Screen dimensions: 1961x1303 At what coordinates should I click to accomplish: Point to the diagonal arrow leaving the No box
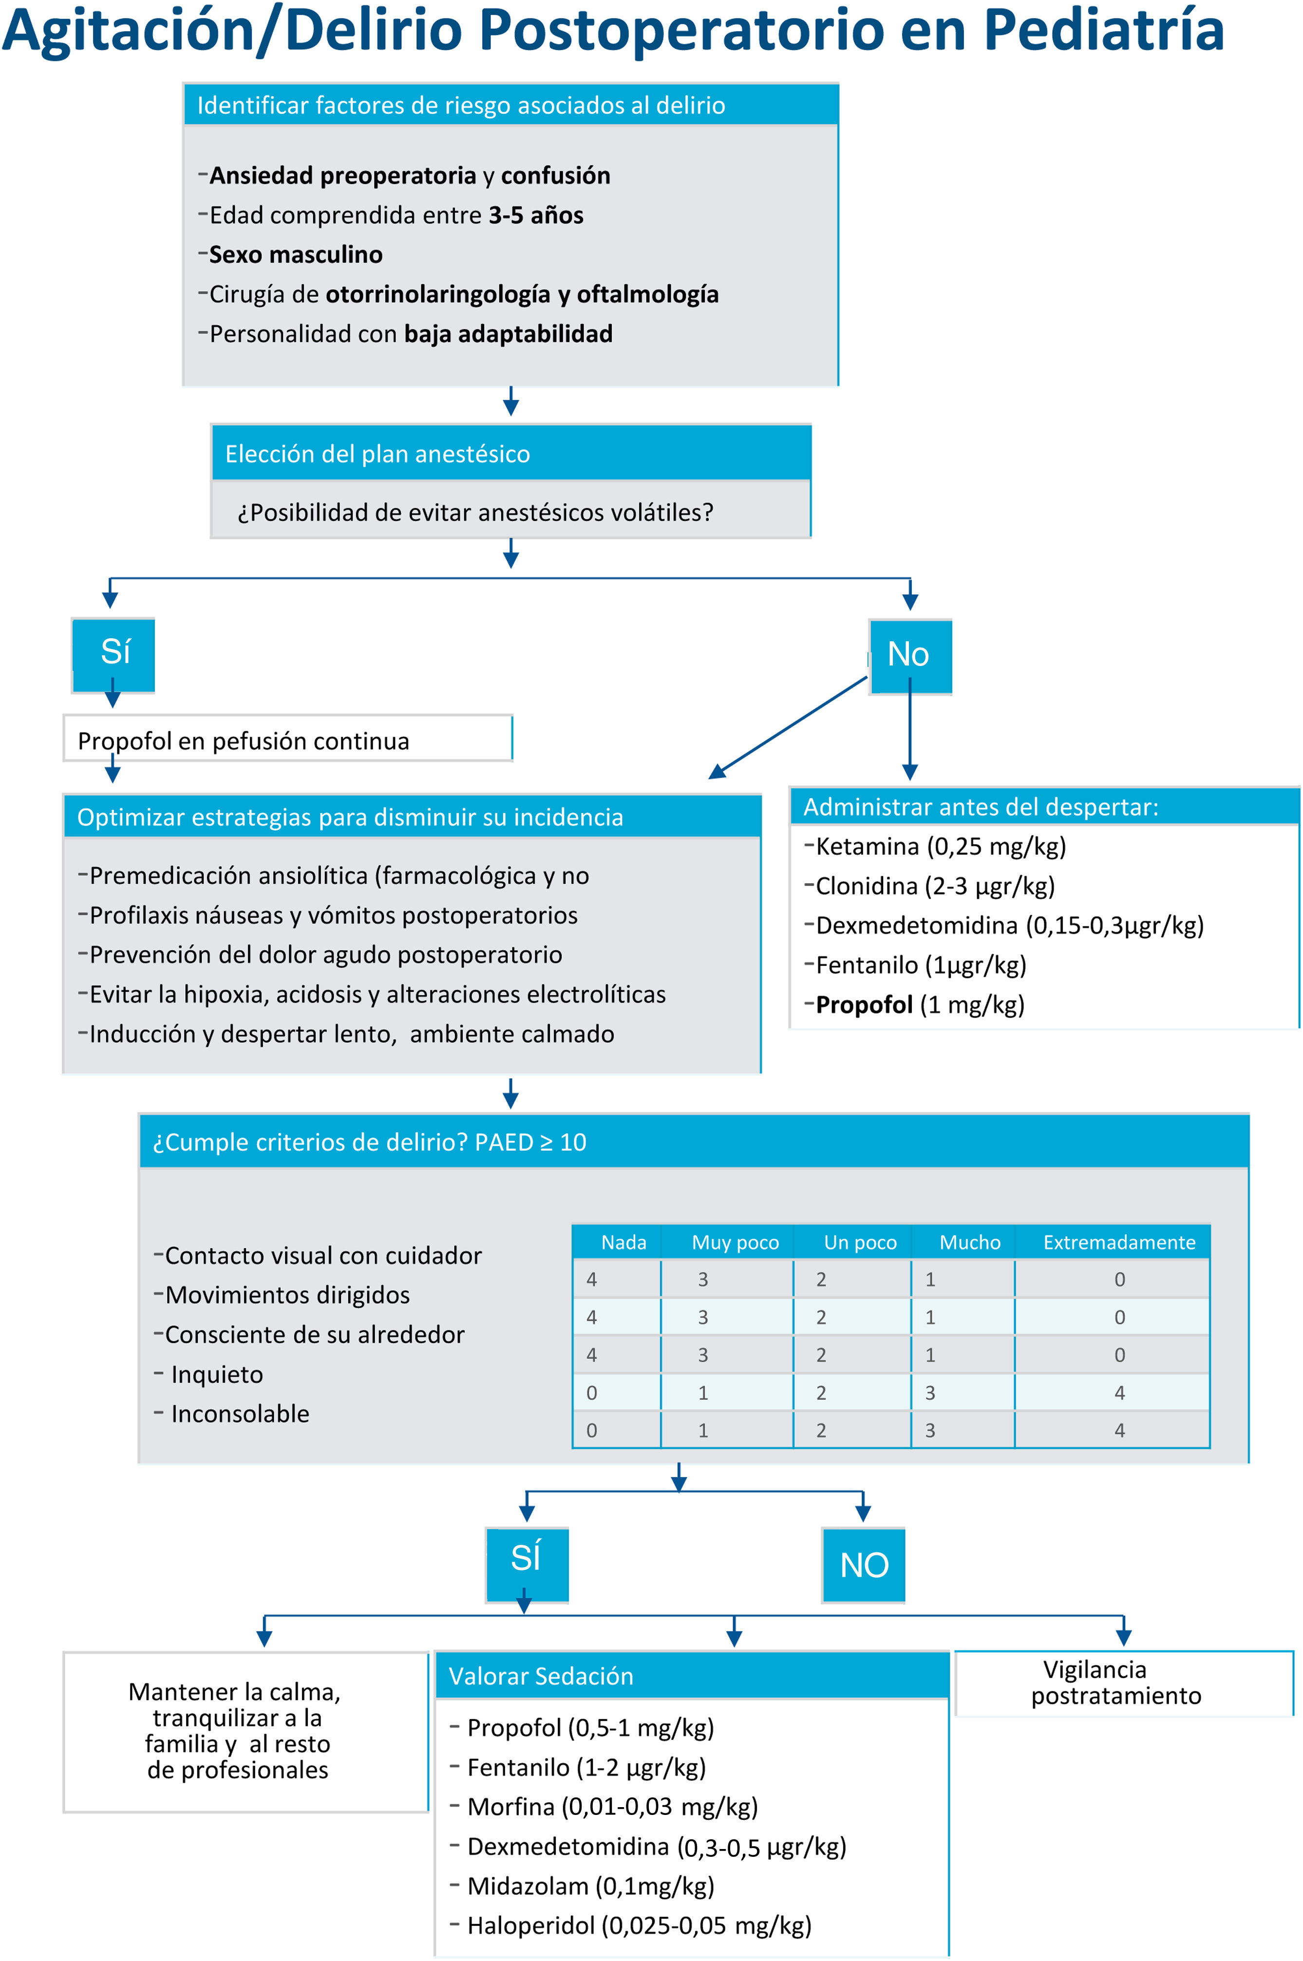[x=788, y=728]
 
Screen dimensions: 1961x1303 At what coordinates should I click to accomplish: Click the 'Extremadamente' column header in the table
[x=1118, y=1242]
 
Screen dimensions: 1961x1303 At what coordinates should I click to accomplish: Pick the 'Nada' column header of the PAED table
[x=623, y=1242]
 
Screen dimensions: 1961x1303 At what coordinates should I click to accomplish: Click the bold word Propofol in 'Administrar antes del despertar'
[x=864, y=1005]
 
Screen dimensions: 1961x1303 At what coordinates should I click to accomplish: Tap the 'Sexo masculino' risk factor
[x=296, y=254]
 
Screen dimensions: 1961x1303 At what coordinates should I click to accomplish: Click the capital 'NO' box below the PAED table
[x=864, y=1565]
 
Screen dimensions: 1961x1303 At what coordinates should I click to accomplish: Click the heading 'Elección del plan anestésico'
[x=378, y=454]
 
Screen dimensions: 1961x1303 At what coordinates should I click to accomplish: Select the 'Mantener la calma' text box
[x=238, y=1731]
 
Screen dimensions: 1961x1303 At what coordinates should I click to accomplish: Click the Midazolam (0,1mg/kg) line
[x=590, y=1886]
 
